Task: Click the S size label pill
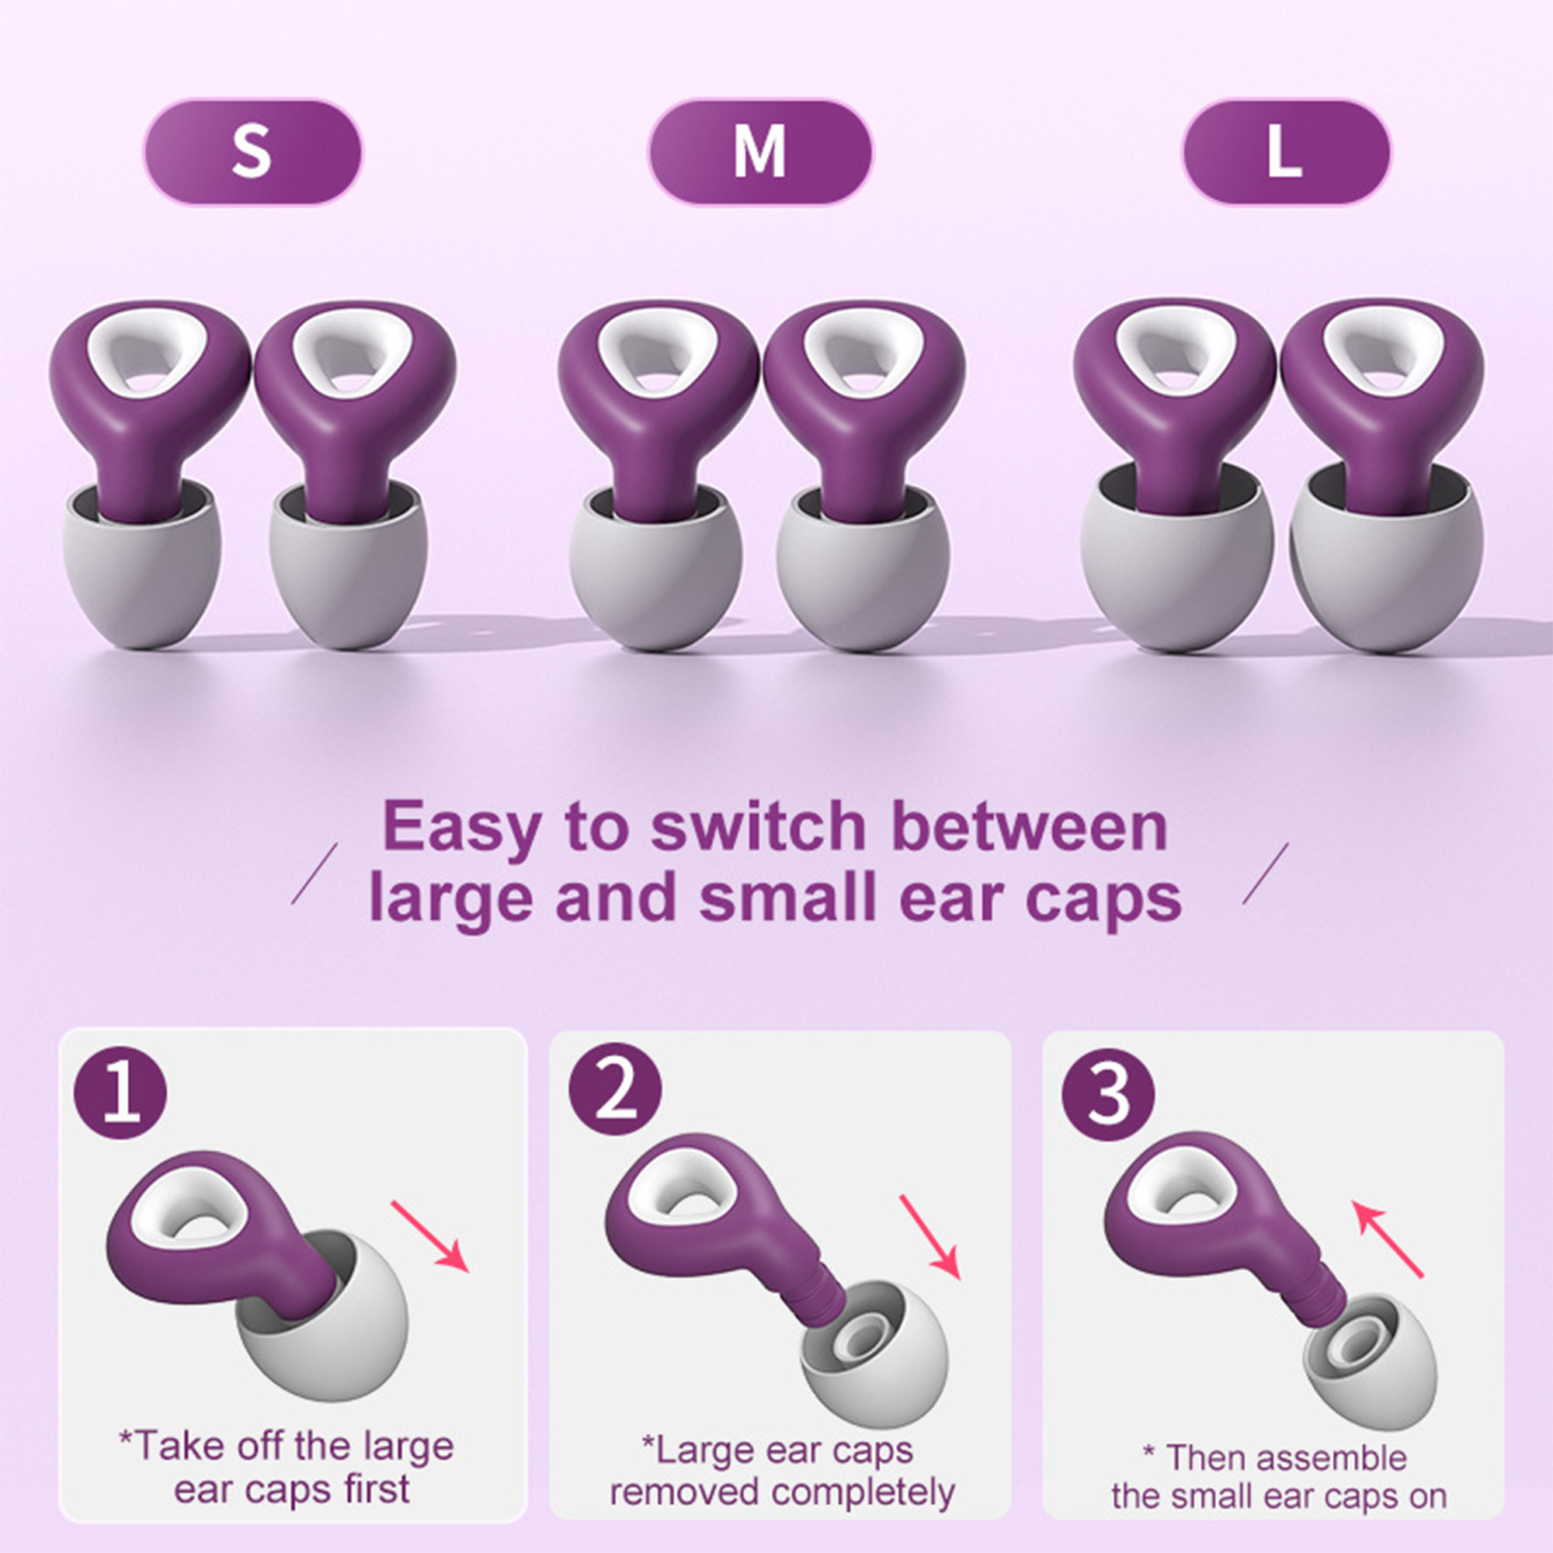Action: [252, 151]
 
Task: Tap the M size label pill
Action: [759, 151]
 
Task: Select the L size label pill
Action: [1285, 151]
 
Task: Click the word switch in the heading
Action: [758, 826]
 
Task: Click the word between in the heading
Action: [1030, 826]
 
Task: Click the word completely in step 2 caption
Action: [863, 1492]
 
